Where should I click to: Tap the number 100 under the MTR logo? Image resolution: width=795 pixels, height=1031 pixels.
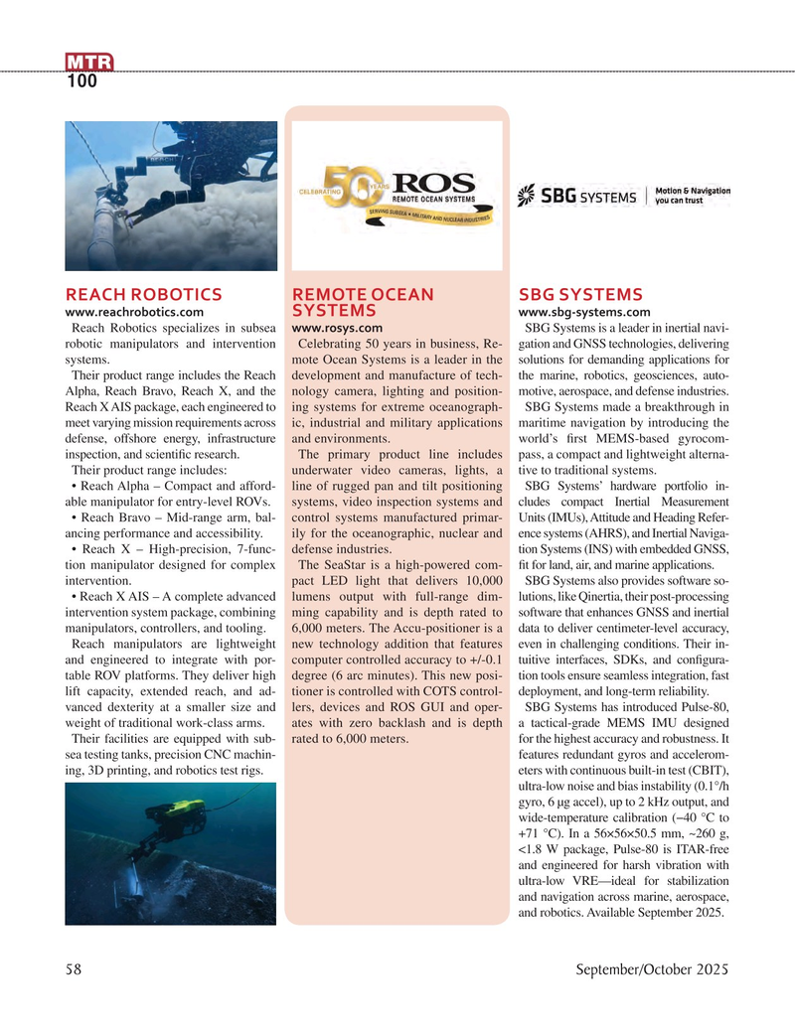[x=82, y=82]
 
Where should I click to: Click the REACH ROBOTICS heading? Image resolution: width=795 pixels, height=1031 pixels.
[x=143, y=294]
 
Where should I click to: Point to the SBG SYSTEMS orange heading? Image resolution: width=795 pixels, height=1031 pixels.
[x=581, y=294]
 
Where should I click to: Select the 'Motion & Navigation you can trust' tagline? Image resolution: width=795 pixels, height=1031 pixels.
[x=693, y=195]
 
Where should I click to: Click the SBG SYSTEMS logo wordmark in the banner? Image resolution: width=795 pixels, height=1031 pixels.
[x=576, y=196]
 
